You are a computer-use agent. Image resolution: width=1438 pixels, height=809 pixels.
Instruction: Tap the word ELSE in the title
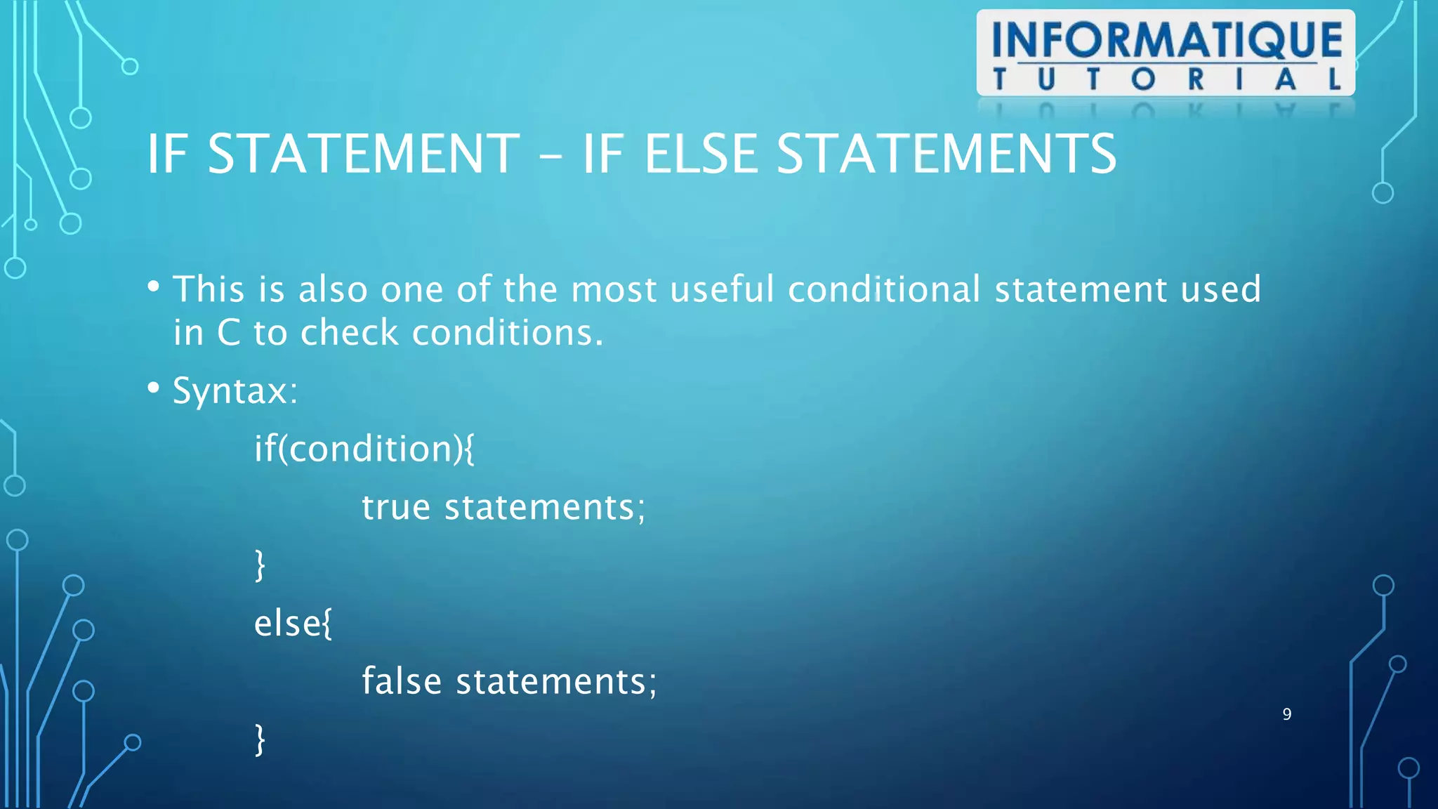tap(701, 154)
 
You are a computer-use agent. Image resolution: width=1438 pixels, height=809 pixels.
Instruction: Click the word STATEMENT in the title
tap(364, 154)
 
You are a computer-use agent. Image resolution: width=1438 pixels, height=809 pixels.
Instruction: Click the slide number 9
tap(1286, 714)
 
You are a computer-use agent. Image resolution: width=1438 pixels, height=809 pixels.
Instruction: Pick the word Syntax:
tap(235, 390)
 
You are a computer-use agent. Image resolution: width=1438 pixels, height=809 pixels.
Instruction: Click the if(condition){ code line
tap(364, 449)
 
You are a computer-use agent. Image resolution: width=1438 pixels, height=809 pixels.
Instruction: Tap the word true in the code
tap(396, 507)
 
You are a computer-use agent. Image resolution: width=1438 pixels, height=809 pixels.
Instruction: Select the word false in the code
tap(402, 681)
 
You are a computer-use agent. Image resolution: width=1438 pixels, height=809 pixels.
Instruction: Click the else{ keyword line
tap(293, 624)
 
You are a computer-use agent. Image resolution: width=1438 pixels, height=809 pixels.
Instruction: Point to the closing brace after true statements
tap(260, 565)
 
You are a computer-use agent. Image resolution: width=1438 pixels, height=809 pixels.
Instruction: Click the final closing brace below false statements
tap(260, 739)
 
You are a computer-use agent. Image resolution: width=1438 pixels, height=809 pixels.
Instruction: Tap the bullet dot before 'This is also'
tap(154, 287)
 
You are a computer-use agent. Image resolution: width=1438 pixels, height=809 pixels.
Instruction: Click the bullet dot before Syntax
tap(154, 388)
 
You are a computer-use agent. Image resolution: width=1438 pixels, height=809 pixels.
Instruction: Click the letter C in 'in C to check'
tap(228, 333)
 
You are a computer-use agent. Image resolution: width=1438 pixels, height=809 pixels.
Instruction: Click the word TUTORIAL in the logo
tap(1166, 79)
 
